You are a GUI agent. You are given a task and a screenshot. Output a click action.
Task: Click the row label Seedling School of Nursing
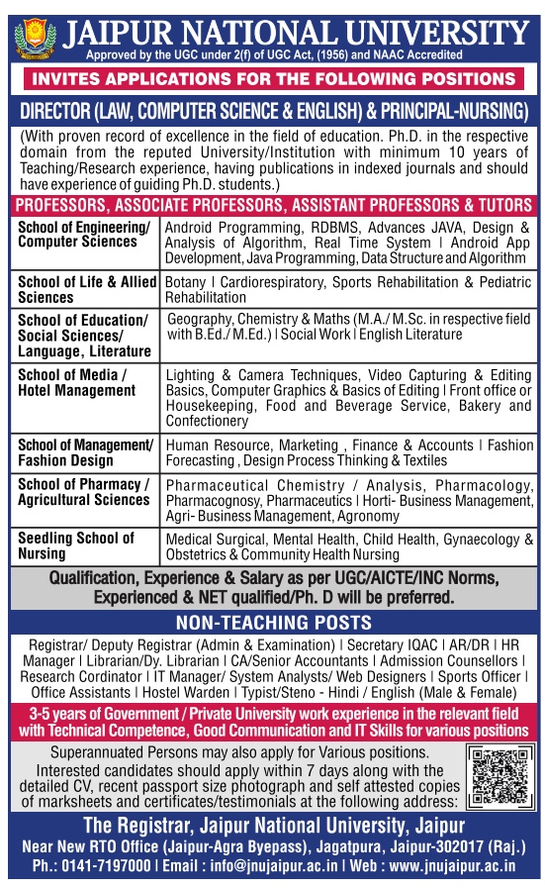tap(75, 545)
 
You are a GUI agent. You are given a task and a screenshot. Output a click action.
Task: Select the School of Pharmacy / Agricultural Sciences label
tap(84, 492)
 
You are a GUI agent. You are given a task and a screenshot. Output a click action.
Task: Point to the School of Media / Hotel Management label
tap(76, 383)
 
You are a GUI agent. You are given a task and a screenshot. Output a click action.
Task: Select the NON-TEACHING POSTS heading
tap(273, 623)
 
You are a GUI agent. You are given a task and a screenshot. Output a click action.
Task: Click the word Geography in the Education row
tap(203, 320)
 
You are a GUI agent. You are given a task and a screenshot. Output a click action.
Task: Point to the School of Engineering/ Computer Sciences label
tap(84, 234)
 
